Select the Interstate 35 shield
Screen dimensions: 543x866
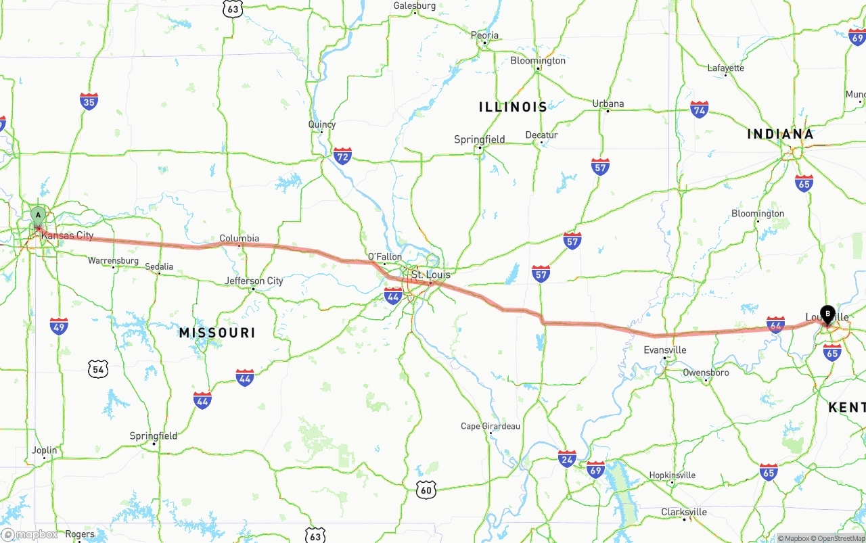(x=89, y=101)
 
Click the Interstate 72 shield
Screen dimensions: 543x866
(x=342, y=156)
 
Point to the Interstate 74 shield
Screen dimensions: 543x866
(x=700, y=110)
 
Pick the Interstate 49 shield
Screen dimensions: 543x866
(x=59, y=326)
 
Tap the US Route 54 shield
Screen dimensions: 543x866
(x=99, y=369)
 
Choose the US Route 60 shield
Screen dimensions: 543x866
(x=425, y=490)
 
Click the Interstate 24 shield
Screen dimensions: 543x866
(x=567, y=458)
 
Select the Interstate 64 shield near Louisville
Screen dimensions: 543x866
(x=776, y=325)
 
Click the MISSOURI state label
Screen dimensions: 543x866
(x=217, y=333)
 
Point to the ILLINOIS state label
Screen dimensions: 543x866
(x=513, y=107)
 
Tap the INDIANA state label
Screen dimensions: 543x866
(x=780, y=134)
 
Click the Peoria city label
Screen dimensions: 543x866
(x=484, y=36)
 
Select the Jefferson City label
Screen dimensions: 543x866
(x=254, y=281)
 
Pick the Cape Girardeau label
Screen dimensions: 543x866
(x=491, y=426)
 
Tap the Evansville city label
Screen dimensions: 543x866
(x=665, y=350)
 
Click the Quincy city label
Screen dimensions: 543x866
(x=322, y=124)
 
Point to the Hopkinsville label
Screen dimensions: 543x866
(x=673, y=475)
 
